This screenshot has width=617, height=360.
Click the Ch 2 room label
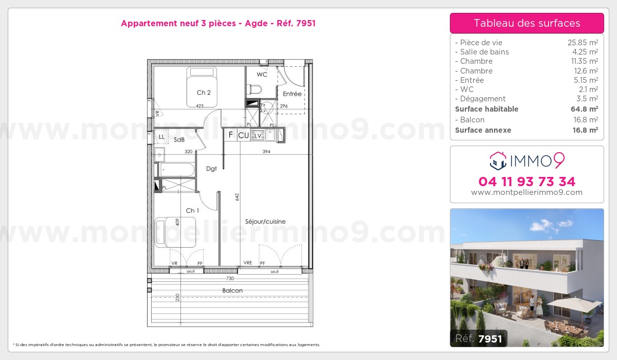[204, 93]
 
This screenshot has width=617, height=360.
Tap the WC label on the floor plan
[262, 75]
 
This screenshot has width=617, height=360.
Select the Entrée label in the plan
[292, 94]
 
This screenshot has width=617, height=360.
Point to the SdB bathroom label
[179, 139]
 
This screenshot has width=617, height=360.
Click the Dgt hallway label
[211, 168]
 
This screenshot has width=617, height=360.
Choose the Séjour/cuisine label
[265, 222]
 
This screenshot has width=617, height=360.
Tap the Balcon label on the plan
[232, 291]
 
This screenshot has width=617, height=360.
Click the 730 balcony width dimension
[230, 278]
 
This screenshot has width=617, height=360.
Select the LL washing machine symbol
[161, 137]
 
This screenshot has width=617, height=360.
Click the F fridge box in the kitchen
[231, 135]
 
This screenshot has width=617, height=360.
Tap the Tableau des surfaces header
[527, 23]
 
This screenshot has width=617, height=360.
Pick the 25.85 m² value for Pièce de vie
[582, 43]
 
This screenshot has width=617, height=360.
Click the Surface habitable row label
[486, 109]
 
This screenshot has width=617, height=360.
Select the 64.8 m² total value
[586, 109]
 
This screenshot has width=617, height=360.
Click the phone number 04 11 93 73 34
[527, 182]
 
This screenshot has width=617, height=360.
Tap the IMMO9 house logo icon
[497, 161]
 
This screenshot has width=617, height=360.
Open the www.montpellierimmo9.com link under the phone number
[527, 192]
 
